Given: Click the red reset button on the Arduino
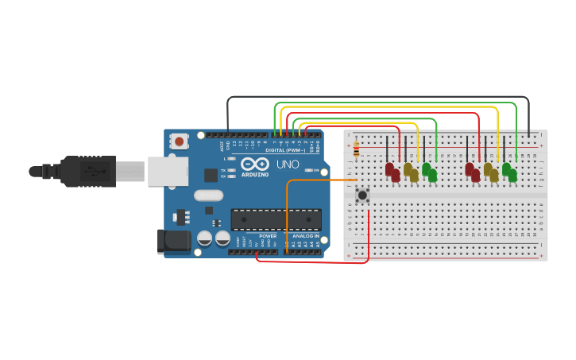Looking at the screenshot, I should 180,141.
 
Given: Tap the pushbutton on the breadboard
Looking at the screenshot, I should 362,194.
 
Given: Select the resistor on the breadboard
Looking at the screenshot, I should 356,149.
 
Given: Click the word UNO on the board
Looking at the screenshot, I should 288,165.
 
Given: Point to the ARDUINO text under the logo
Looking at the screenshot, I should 255,174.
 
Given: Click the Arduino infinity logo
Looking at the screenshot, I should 255,164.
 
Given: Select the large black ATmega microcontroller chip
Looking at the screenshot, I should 276,219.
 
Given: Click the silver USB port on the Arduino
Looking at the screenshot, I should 168,171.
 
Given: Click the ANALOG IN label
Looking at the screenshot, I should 305,236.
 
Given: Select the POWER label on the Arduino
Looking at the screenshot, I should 268,236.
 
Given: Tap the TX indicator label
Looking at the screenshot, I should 225,170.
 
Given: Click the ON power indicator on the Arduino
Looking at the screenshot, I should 315,170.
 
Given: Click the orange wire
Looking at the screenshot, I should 318,180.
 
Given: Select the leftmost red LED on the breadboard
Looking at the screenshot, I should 389,169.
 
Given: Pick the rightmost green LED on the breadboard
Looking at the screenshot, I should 512,175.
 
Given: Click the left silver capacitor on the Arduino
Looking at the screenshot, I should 204,238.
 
